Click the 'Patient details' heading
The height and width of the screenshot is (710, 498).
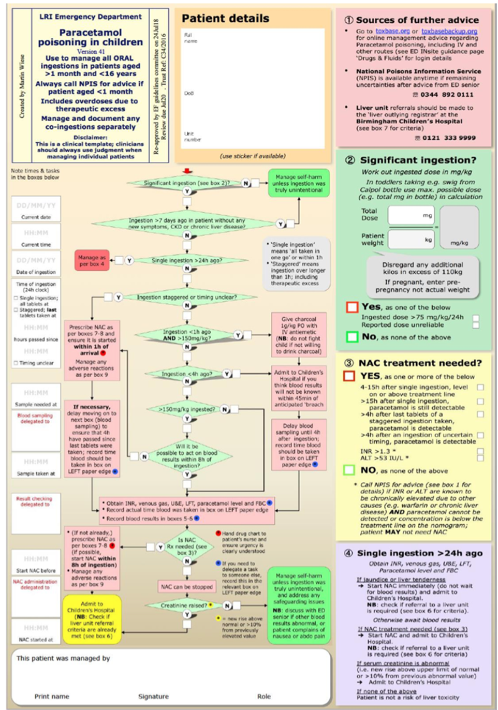click(225, 19)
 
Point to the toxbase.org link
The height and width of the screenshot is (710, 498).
click(392, 31)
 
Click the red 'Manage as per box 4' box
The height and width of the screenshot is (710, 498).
click(92, 260)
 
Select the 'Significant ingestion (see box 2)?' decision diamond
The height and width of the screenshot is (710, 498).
click(186, 183)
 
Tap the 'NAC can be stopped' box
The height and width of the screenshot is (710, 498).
click(186, 587)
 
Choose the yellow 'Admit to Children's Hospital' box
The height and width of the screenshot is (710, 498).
click(92, 619)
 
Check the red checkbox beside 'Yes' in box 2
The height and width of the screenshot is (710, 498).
click(352, 307)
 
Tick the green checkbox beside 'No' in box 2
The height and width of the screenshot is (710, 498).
click(352, 337)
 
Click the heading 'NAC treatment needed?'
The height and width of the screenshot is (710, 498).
click(420, 363)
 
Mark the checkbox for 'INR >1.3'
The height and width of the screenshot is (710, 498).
click(480, 451)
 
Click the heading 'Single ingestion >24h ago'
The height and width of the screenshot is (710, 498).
click(419, 553)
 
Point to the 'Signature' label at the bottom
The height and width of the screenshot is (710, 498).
click(153, 697)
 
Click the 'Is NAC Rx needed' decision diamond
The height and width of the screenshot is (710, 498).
click(186, 546)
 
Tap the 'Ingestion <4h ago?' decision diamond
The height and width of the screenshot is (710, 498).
click(186, 374)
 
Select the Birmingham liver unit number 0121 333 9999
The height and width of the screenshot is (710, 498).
click(449, 138)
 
